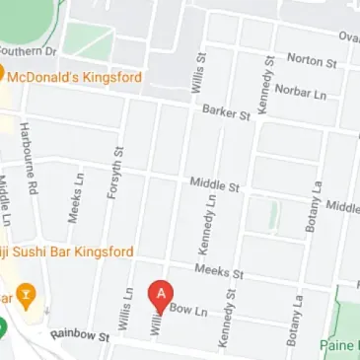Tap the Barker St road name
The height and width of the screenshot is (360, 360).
tap(226, 113)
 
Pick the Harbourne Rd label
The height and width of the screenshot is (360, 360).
tap(29, 157)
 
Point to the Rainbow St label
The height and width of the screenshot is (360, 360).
tap(79, 335)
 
